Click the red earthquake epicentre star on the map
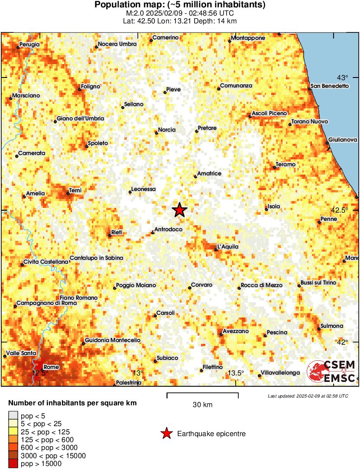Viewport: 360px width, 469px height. point(179,210)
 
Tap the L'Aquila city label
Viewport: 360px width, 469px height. point(228,247)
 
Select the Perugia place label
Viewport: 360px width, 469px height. point(29,44)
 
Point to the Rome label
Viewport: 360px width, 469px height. point(52,367)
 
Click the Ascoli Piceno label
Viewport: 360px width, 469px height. point(269,113)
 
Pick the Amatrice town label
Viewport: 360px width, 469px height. point(209,174)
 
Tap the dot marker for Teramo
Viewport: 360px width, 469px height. point(275,168)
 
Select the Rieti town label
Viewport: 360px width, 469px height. point(117,233)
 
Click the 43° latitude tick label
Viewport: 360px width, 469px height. point(342,78)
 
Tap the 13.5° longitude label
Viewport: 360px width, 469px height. point(236,373)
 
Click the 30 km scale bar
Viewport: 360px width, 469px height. point(202,394)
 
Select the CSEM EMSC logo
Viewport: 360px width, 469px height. point(332,372)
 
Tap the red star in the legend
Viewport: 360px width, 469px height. point(166,433)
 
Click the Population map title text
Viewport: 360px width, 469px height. point(180,5)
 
